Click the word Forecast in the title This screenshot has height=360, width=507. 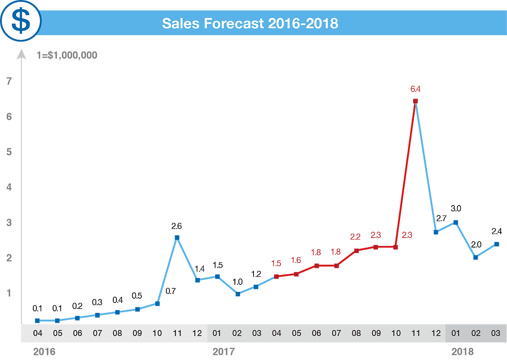pyautogui.click(x=234, y=23)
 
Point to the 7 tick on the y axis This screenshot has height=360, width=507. pyautogui.click(x=9, y=82)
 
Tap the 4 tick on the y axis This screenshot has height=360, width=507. pyautogui.click(x=9, y=187)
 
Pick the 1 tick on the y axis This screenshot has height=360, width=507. pyautogui.click(x=9, y=293)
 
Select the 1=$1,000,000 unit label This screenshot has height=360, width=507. pyautogui.click(x=67, y=55)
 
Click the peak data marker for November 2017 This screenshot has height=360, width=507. pyautogui.click(x=415, y=101)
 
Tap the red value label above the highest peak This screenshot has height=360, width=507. pyautogui.click(x=415, y=89)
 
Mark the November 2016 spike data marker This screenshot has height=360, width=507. pyautogui.click(x=177, y=237)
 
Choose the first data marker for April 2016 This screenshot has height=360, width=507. pyautogui.click(x=37, y=320)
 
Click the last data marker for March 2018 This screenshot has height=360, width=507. pyautogui.click(x=497, y=244)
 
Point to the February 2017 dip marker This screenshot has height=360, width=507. pyautogui.click(x=237, y=294)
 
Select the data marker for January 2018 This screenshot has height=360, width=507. pyautogui.click(x=456, y=222)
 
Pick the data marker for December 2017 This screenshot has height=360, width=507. pyautogui.click(x=436, y=232)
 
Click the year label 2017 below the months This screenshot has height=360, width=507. pyautogui.click(x=224, y=351)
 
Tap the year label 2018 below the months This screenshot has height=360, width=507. pyautogui.click(x=463, y=351)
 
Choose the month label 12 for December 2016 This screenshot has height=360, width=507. pyautogui.click(x=197, y=333)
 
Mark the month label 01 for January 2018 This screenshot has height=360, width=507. pyautogui.click(x=456, y=333)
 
